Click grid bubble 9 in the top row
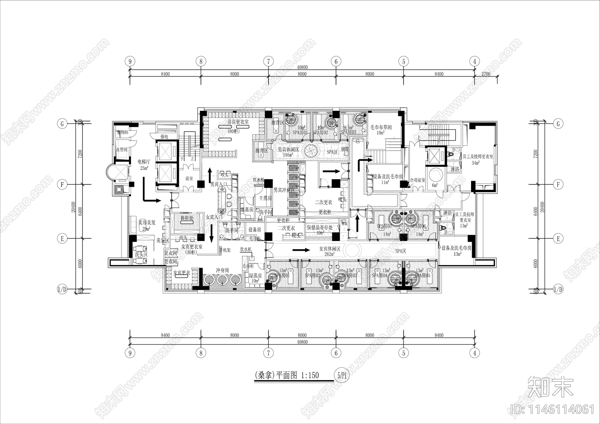[x=130, y=61]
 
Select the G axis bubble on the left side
[x=61, y=123]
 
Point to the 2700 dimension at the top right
[x=486, y=74]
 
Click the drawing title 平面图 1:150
[x=287, y=375]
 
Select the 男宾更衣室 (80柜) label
[x=238, y=124]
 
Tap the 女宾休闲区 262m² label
[x=329, y=251]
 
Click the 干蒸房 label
[x=265, y=198]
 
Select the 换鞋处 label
[x=187, y=218]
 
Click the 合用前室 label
[x=417, y=180]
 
